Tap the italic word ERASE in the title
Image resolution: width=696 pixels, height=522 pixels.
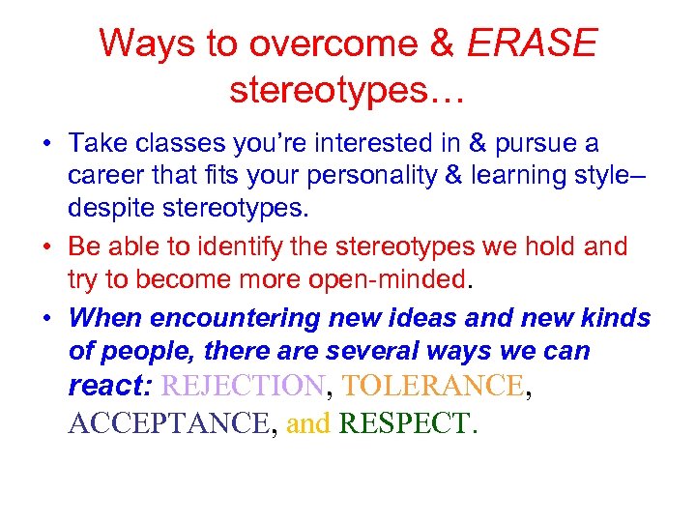[533, 43]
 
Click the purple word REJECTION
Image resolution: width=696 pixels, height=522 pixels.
[243, 387]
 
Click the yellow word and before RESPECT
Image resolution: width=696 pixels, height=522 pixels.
[308, 423]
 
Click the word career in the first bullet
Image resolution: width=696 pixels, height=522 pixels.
[101, 177]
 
